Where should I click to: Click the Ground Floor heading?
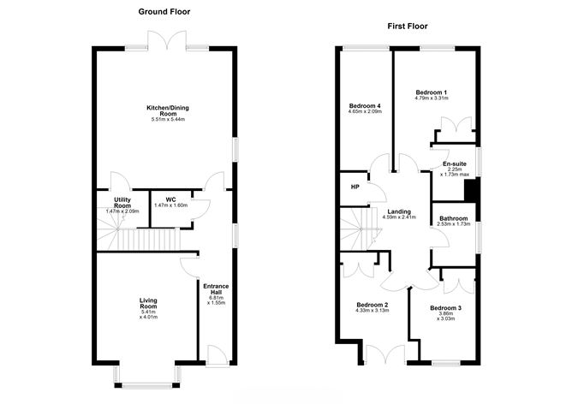click(164, 12)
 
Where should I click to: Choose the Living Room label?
click(150, 303)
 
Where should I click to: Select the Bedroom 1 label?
click(432, 92)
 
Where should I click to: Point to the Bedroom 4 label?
click(365, 105)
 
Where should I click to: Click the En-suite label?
click(455, 163)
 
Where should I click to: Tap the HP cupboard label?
click(355, 187)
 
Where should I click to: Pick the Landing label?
click(398, 211)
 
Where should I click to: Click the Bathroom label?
click(454, 218)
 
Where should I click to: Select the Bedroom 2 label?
click(372, 305)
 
